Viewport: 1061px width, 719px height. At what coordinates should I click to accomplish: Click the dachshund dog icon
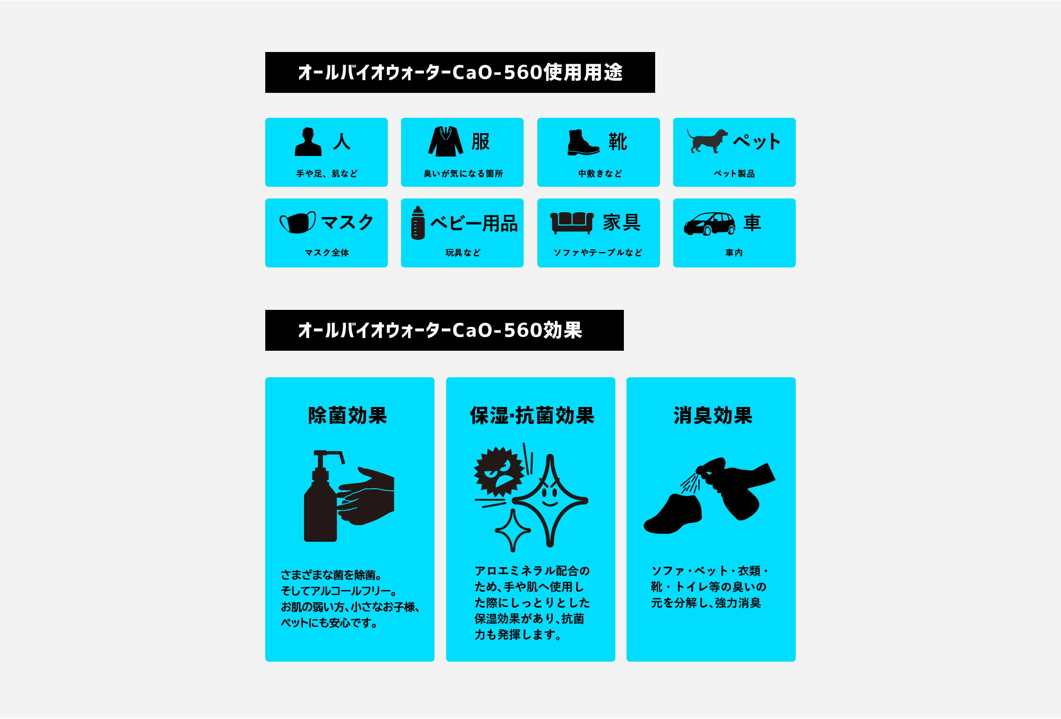708,141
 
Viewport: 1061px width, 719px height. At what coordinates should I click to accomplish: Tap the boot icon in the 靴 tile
583,142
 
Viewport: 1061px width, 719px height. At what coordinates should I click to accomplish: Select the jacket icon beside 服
446,142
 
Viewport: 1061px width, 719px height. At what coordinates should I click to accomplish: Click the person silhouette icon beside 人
308,142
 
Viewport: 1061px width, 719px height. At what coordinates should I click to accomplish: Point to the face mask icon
298,222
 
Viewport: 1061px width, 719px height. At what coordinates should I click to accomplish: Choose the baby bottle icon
418,223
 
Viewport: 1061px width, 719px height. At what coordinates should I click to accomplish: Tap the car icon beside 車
710,223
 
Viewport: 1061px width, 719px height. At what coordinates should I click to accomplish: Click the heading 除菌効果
348,415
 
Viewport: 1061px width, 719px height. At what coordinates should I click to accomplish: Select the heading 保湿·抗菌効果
532,415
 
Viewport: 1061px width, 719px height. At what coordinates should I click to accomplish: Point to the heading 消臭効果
713,415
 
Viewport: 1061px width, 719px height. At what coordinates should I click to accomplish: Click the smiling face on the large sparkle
550,495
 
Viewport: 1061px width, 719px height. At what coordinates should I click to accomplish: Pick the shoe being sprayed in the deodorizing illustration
673,514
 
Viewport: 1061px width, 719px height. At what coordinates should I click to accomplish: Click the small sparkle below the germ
512,530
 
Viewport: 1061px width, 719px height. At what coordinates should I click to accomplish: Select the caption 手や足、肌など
327,174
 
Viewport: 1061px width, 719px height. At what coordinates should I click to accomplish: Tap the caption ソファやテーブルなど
598,253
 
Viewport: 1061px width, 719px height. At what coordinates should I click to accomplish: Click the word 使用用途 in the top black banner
584,72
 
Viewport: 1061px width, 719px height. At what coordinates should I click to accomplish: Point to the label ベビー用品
474,223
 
